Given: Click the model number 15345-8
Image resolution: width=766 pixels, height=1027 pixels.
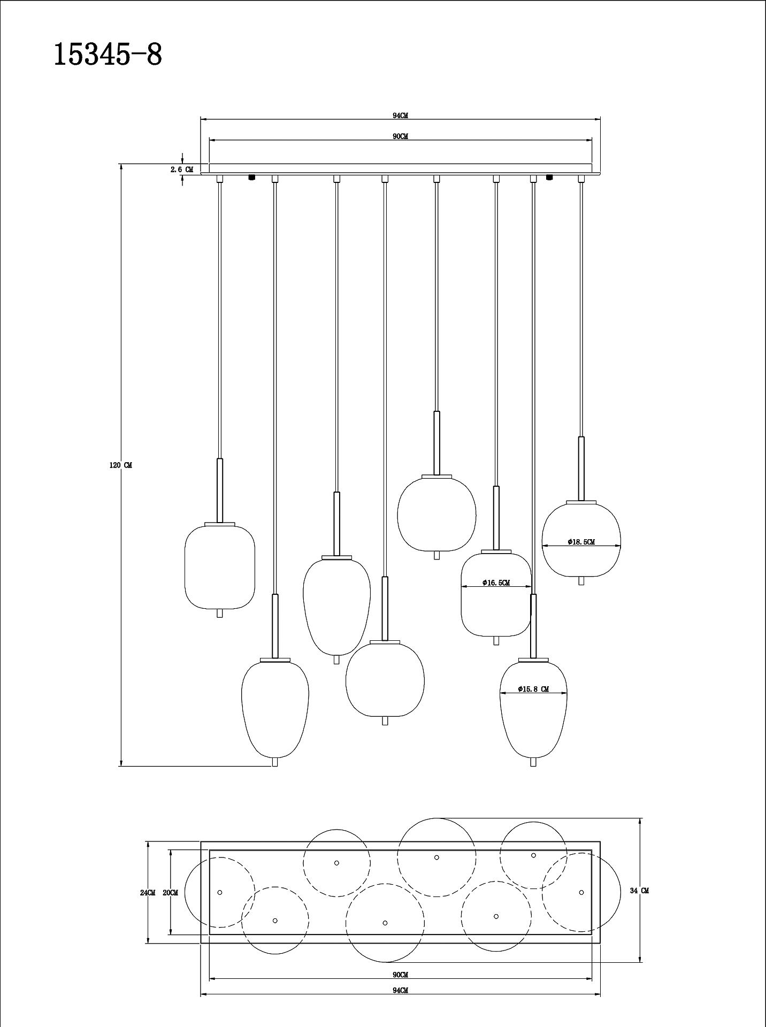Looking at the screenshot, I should [x=108, y=55].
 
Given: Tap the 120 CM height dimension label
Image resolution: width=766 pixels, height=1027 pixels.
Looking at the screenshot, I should [x=120, y=465].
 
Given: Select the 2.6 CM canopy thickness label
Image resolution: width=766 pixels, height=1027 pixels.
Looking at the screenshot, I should [x=182, y=170].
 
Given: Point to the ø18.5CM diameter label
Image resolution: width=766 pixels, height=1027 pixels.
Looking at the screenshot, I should [x=581, y=542].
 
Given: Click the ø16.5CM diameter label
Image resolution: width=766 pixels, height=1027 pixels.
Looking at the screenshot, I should [x=496, y=583].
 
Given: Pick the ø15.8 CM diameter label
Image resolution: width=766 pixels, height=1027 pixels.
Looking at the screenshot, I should [x=533, y=689].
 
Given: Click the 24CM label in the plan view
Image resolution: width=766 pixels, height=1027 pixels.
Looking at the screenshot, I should [x=148, y=893].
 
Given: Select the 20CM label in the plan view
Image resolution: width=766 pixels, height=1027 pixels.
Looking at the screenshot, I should [x=170, y=893].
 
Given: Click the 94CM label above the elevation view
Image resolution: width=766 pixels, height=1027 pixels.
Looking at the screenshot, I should [x=400, y=116].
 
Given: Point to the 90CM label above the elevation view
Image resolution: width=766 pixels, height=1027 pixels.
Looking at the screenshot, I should [x=400, y=136].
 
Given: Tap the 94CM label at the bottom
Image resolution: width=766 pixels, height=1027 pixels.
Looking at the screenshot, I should [x=400, y=990].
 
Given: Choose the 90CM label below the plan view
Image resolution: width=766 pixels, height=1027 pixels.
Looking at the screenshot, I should [x=400, y=975].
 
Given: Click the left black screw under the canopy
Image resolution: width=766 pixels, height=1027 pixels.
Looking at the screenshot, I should [x=252, y=177].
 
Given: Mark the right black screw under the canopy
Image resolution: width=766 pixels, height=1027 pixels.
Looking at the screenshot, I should [x=549, y=177].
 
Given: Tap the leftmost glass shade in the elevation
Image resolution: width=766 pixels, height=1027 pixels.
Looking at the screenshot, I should [x=219, y=567].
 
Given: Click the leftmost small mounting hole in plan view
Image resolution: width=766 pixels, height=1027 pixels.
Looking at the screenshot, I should [x=220, y=893].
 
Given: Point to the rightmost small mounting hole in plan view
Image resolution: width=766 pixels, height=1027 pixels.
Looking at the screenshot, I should [x=581, y=892].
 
